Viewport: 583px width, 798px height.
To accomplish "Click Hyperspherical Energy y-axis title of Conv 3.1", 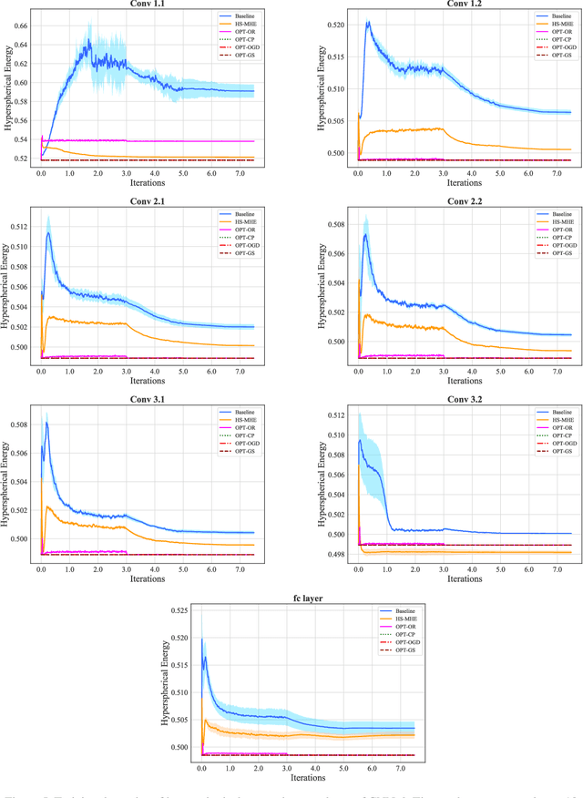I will click(x=7, y=484).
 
